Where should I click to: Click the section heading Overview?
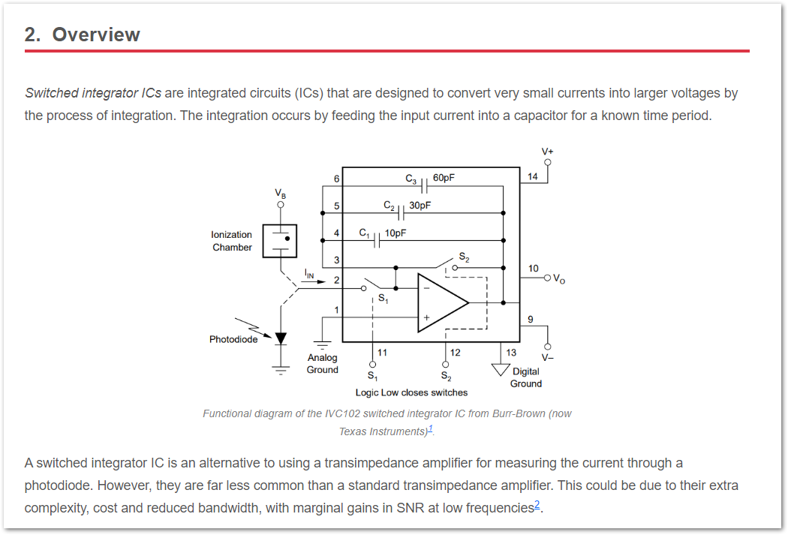point(83,35)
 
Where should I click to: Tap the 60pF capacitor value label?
point(444,178)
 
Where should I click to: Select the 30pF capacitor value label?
point(420,205)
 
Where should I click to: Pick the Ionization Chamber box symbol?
point(279,241)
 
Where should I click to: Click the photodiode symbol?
point(281,338)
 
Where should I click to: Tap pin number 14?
point(533,176)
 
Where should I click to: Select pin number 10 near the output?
point(533,268)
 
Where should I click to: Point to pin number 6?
point(337,179)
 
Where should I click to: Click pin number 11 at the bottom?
point(383,352)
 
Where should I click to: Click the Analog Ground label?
point(323,364)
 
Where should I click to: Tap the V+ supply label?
point(548,152)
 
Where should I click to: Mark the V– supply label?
point(548,357)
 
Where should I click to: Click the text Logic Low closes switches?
point(411,392)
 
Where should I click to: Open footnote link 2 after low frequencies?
point(537,505)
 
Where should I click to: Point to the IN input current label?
point(310,274)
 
